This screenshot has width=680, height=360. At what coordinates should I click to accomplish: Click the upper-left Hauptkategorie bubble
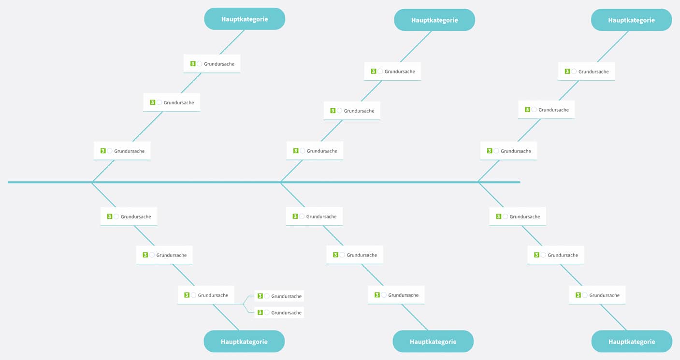click(245, 19)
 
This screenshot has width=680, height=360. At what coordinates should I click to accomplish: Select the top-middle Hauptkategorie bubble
click(434, 20)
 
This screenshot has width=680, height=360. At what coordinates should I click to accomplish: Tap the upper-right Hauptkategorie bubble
click(631, 20)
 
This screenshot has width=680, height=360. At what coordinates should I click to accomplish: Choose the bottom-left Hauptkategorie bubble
click(244, 342)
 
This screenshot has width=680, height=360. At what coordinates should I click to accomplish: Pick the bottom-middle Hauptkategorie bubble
click(433, 342)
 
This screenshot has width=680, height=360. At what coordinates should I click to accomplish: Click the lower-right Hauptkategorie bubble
click(632, 342)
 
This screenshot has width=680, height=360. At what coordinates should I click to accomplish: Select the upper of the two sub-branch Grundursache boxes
click(279, 296)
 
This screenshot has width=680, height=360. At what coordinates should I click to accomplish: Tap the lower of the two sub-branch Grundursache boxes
click(279, 313)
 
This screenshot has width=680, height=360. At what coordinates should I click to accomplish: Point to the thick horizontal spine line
click(338, 182)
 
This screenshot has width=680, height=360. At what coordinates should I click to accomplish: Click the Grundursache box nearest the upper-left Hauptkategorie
click(212, 64)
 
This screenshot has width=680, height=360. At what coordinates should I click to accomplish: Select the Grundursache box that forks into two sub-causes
click(206, 295)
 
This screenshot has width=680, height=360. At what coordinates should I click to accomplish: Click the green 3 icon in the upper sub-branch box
click(260, 296)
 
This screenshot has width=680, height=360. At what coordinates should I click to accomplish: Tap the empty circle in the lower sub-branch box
click(267, 313)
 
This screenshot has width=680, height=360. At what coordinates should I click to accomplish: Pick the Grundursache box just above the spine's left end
click(122, 151)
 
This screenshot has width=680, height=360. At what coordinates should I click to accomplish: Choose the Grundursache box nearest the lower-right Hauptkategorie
click(597, 295)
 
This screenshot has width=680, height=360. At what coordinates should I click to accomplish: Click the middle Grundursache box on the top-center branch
click(352, 111)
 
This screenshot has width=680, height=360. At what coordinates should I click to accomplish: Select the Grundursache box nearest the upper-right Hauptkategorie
click(586, 72)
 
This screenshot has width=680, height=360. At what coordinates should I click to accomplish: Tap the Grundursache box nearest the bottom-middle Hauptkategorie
click(396, 295)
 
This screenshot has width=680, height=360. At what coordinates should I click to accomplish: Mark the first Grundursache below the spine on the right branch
click(518, 216)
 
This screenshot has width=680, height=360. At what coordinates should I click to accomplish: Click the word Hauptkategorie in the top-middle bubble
click(434, 20)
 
